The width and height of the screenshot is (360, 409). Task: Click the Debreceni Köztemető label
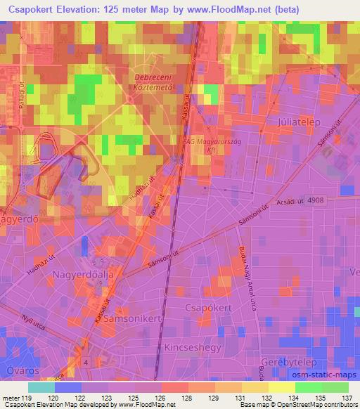153,83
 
